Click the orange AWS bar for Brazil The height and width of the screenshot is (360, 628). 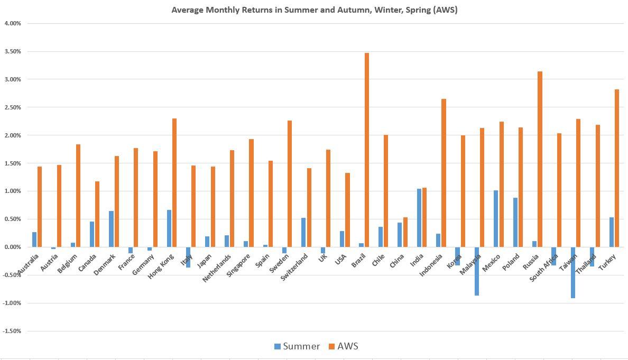(367, 150)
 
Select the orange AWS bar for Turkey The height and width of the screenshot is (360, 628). (617, 168)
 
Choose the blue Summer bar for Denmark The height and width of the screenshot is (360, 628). (111, 229)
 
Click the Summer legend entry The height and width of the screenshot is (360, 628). (297, 347)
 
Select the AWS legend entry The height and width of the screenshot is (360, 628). (343, 347)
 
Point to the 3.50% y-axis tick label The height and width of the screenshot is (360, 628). (13, 52)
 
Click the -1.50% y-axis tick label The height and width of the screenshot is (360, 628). (12, 331)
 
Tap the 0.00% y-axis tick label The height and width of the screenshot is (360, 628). (13, 247)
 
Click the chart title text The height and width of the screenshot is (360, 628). (314, 10)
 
